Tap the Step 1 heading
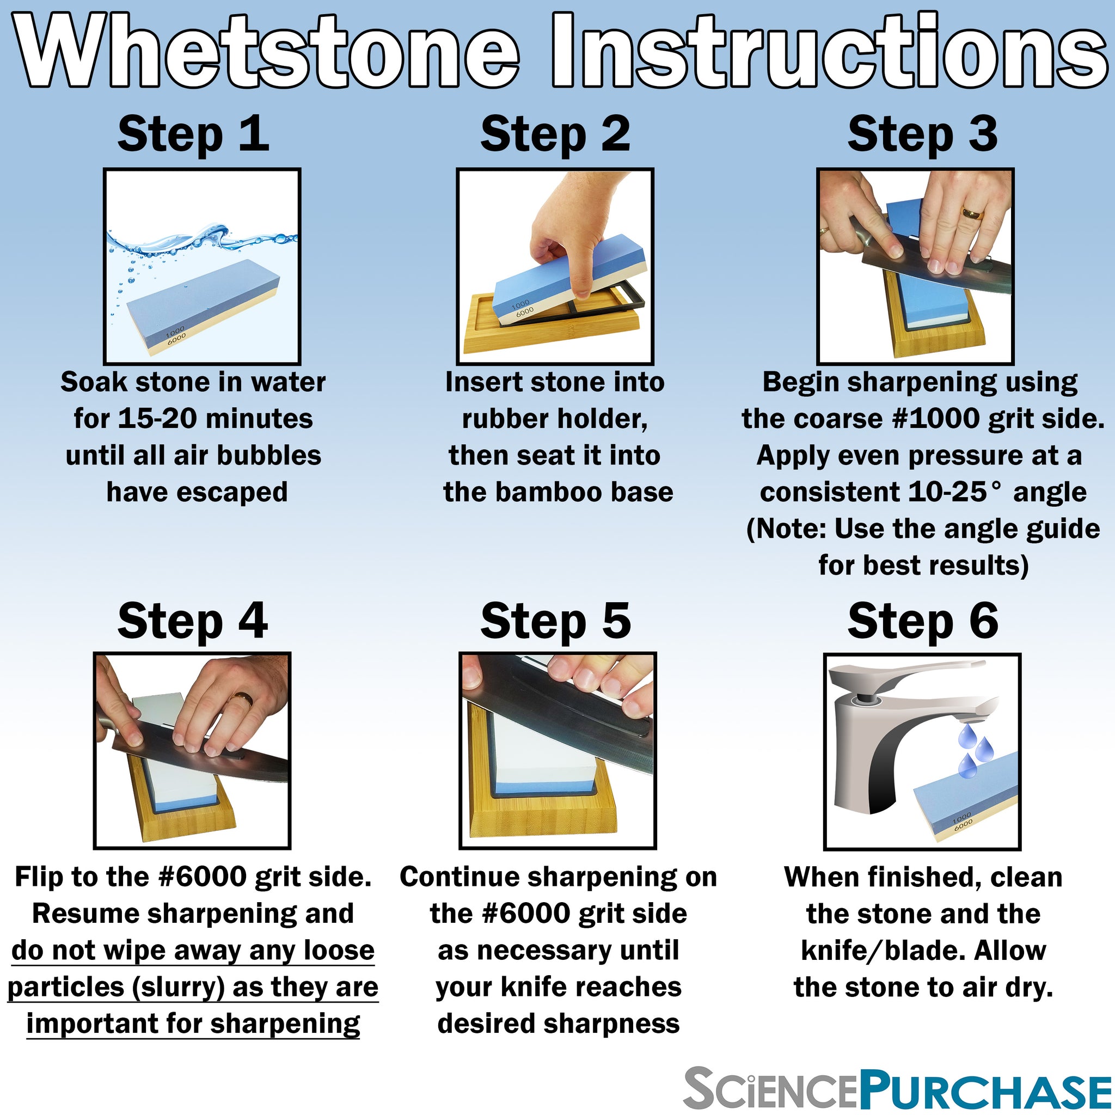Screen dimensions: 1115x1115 (193, 134)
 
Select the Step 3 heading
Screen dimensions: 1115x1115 (922, 134)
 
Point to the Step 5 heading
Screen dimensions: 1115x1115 (556, 622)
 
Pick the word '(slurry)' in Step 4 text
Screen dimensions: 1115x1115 (179, 987)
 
